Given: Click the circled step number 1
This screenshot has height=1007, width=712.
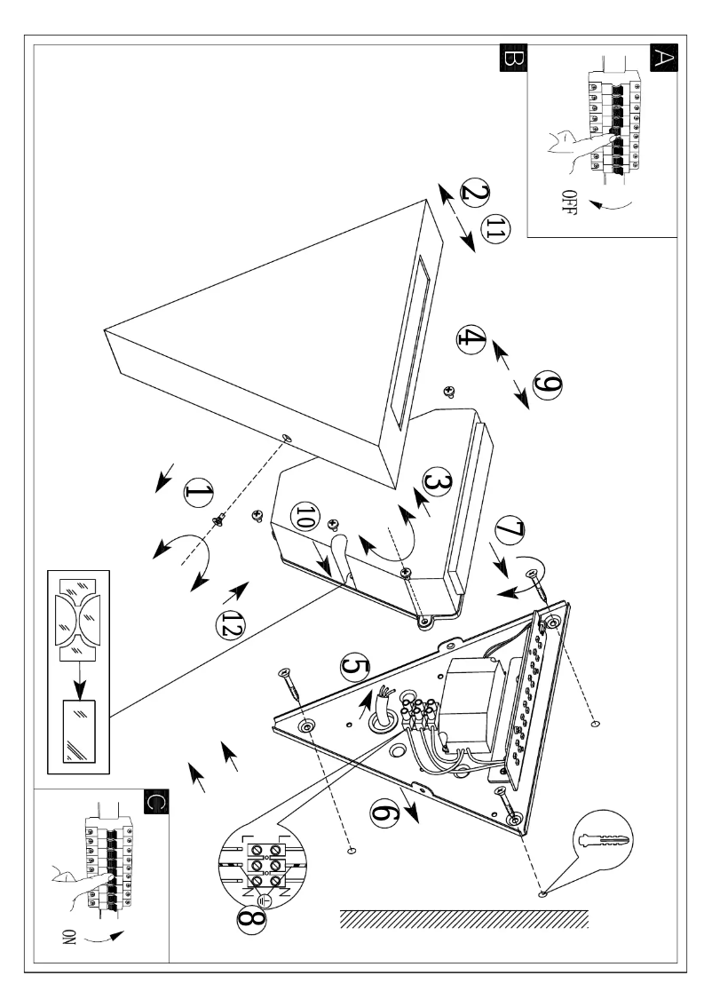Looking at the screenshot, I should click(200, 494).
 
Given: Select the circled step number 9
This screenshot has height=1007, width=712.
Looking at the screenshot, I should click(544, 385).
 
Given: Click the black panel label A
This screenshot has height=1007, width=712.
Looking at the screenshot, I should click(663, 59).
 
